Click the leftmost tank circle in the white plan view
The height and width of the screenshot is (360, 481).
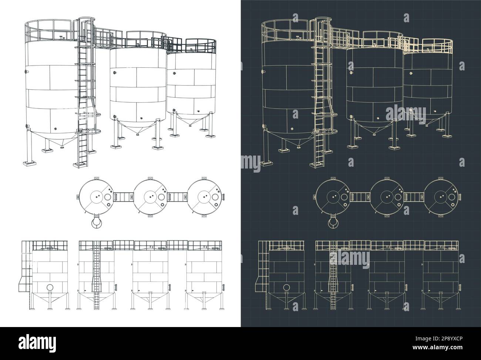pyautogui.click(x=97, y=197)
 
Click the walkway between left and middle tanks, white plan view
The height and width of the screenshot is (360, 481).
pyautogui.click(x=124, y=197)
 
